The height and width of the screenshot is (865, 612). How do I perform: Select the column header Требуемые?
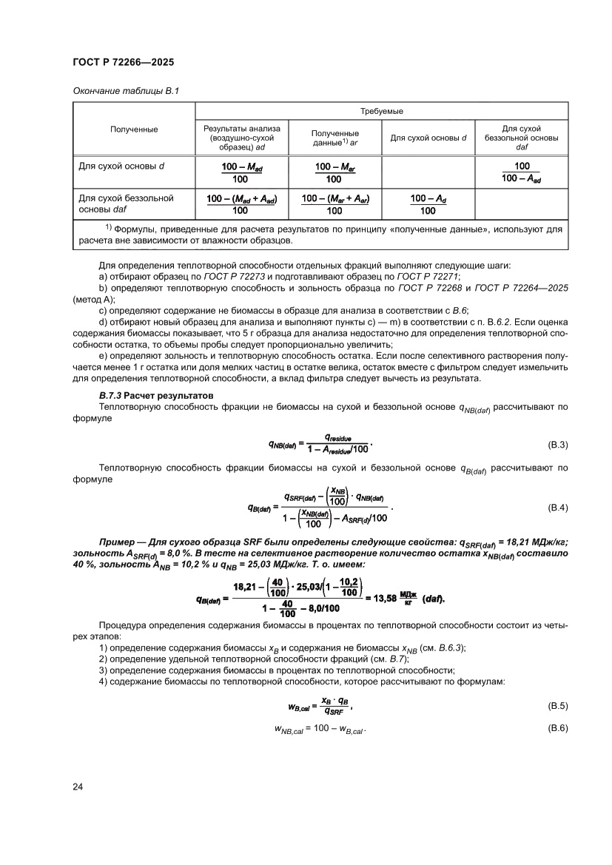[x=381, y=111]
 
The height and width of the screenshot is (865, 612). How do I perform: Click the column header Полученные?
[x=134, y=129]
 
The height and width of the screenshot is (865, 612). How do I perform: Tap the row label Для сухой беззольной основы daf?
[x=126, y=203]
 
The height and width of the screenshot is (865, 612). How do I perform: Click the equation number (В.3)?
[x=556, y=445]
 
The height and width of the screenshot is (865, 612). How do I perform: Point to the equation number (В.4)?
[x=556, y=508]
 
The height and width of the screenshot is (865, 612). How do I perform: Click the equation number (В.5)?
[x=556, y=706]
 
